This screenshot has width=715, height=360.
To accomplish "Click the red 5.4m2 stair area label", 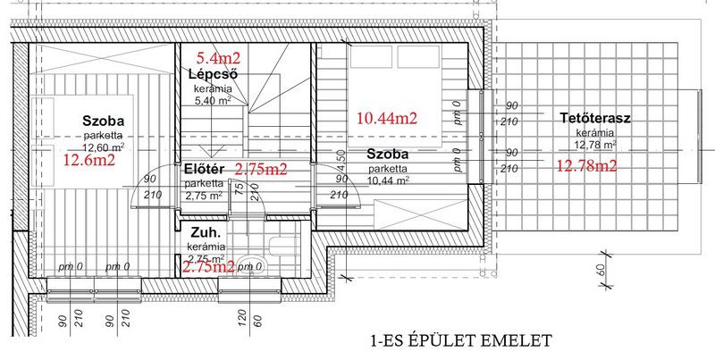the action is (218, 58).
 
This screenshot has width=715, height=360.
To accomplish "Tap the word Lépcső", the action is (213, 74).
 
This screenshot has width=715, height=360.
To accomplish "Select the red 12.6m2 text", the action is (88, 160).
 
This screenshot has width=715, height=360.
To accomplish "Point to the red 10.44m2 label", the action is (387, 119).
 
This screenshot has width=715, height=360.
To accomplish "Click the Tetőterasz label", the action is (595, 119).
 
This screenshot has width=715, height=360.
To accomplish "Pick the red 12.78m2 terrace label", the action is (586, 165).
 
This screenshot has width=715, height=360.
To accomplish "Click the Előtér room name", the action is (204, 169).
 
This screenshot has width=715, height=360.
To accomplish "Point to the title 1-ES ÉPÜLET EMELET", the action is (461, 340).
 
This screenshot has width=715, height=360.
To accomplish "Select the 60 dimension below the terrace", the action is (600, 271).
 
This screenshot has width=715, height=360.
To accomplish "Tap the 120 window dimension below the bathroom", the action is (242, 318).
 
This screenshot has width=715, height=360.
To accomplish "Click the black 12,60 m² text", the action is (104, 147).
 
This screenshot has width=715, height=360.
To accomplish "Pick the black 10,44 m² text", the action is (388, 180).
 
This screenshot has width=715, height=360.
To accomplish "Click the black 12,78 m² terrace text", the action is (595, 145).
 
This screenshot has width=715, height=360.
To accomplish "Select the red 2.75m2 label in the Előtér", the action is (261, 169).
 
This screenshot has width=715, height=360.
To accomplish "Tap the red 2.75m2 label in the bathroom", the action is (208, 266).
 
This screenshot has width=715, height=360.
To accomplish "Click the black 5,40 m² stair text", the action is (213, 100).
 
